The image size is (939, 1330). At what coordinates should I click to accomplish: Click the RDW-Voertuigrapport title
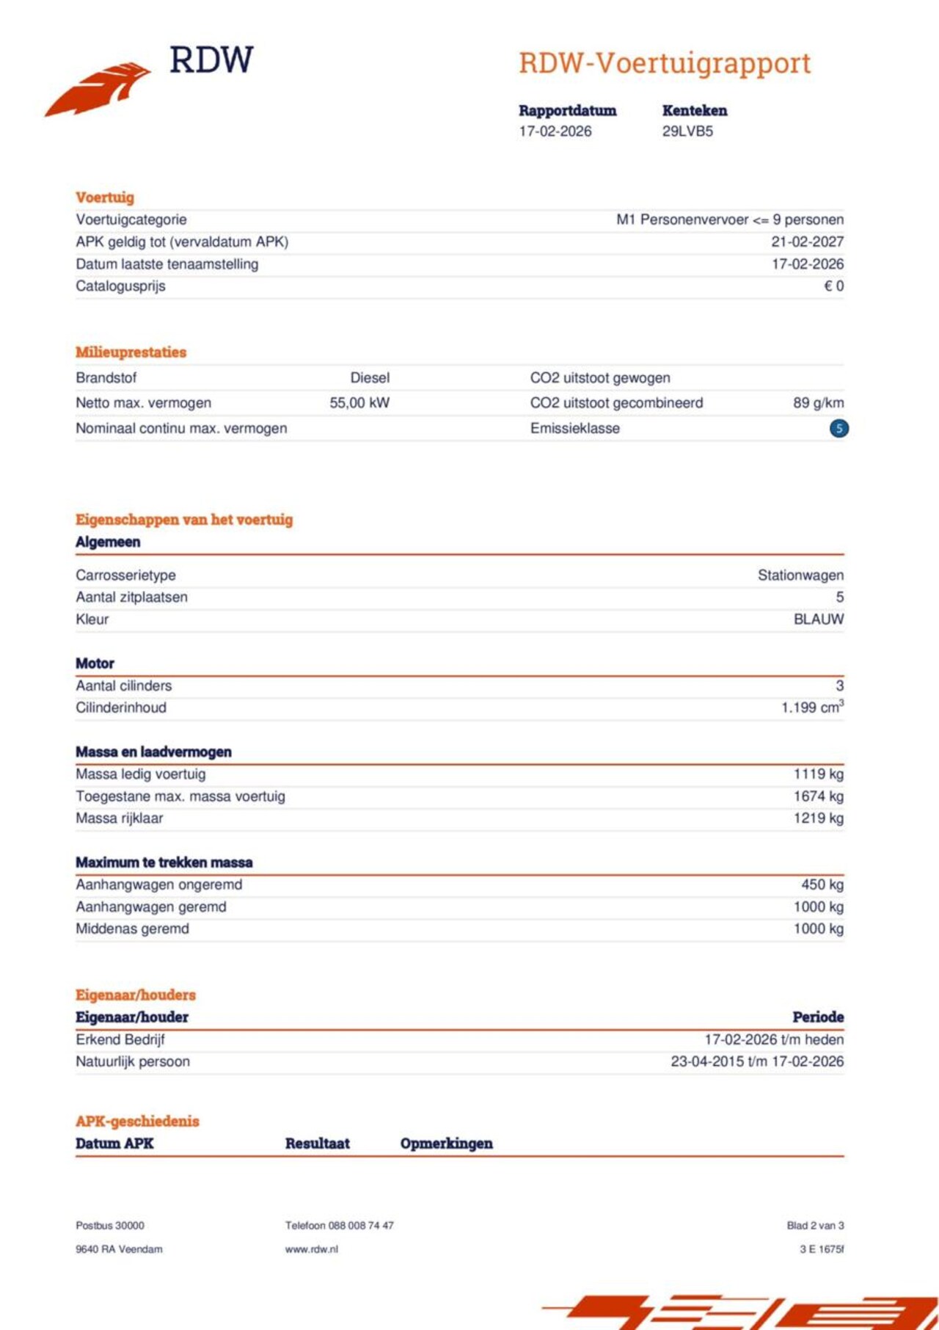point(665,63)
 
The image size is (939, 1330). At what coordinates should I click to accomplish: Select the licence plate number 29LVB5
point(687,131)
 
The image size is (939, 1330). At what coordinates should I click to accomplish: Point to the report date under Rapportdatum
point(555,131)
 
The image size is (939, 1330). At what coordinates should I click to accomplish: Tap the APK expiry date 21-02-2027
point(807,241)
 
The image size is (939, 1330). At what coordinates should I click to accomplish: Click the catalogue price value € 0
point(833,286)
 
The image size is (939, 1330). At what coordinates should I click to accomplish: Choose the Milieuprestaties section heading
point(131,352)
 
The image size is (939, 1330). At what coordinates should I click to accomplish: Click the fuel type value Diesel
point(370,377)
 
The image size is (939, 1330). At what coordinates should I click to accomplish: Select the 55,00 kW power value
point(359,402)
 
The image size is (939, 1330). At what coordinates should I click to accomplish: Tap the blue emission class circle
point(838,428)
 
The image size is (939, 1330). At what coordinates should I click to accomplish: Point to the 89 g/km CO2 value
point(818,402)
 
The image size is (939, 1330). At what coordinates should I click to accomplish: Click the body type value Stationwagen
point(800,575)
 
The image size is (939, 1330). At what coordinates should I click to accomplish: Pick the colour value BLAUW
point(818,619)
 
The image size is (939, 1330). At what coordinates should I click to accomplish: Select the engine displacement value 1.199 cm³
point(812,707)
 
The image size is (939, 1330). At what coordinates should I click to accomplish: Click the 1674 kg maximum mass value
point(818,796)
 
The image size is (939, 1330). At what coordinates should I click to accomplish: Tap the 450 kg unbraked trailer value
point(822,884)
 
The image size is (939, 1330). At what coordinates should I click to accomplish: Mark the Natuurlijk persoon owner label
point(133,1061)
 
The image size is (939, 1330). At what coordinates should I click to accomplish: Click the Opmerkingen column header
point(446,1143)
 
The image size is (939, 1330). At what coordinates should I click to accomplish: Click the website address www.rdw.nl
point(311,1249)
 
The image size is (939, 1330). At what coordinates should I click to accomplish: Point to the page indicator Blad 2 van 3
point(815,1225)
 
